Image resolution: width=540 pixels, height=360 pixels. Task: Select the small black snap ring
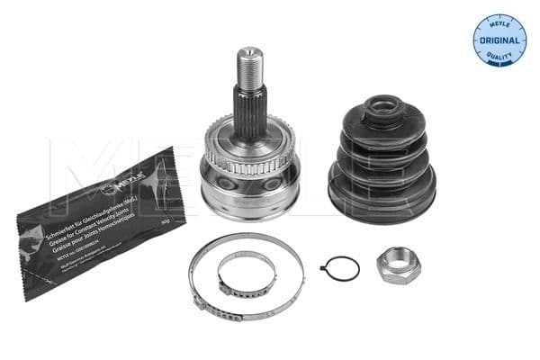click(x=342, y=268)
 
